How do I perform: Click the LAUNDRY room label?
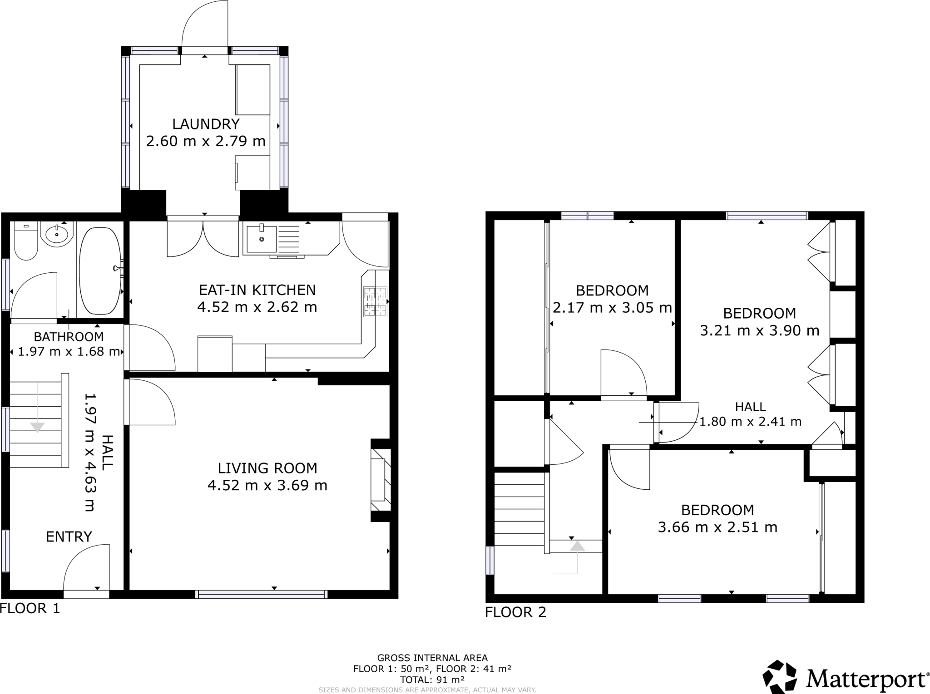(x=206, y=124)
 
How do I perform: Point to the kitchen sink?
(x=262, y=239)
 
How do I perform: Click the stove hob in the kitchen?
(x=375, y=301)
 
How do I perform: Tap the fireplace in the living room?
(x=381, y=480)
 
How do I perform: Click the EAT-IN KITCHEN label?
(x=257, y=290)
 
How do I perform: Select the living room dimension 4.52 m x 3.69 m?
(x=267, y=485)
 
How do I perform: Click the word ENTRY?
(x=69, y=536)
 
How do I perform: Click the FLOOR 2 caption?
(x=515, y=612)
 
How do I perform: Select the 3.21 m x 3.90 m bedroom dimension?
(x=759, y=330)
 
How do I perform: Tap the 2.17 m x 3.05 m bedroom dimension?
(x=612, y=308)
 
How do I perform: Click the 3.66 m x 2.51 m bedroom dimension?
(x=717, y=527)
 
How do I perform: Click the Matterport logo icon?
(x=779, y=677)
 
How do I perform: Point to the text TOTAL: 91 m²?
(x=432, y=679)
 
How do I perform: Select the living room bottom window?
(x=262, y=594)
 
